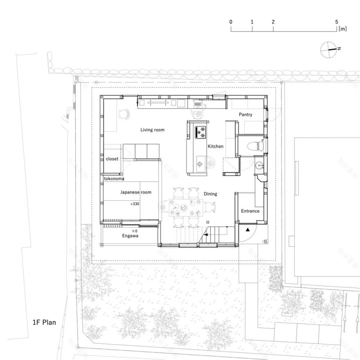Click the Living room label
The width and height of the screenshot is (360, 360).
coord(152,130)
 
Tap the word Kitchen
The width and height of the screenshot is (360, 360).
coord(215,146)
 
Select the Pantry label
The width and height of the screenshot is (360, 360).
coord(245,115)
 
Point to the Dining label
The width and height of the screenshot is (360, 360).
coord(210,194)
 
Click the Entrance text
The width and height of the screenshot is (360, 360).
coord(250,211)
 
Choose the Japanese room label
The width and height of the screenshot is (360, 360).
coord(135,192)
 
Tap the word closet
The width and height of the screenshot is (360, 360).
coord(112,159)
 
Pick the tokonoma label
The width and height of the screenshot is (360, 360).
coord(114,179)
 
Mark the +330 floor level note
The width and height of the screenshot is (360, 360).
coord(134,203)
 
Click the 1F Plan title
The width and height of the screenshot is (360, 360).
coord(44,322)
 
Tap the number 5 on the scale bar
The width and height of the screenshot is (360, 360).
coord(336,22)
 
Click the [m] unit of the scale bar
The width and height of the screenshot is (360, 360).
coord(343,29)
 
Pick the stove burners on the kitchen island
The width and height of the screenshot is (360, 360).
coord(201,131)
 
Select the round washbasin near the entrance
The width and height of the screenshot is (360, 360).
coord(259,166)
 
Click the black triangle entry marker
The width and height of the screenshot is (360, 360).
coord(248,230)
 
